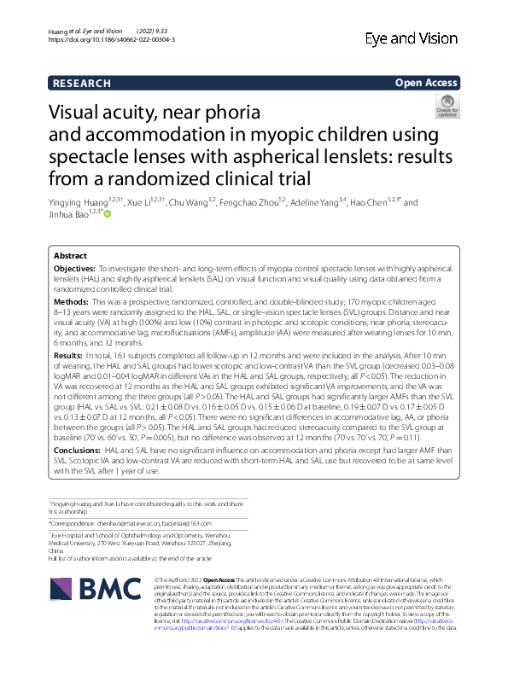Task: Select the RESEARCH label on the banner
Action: click(82, 83)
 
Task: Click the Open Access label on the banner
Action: click(426, 83)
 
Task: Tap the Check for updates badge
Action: click(447, 107)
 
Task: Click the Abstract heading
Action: click(70, 255)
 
